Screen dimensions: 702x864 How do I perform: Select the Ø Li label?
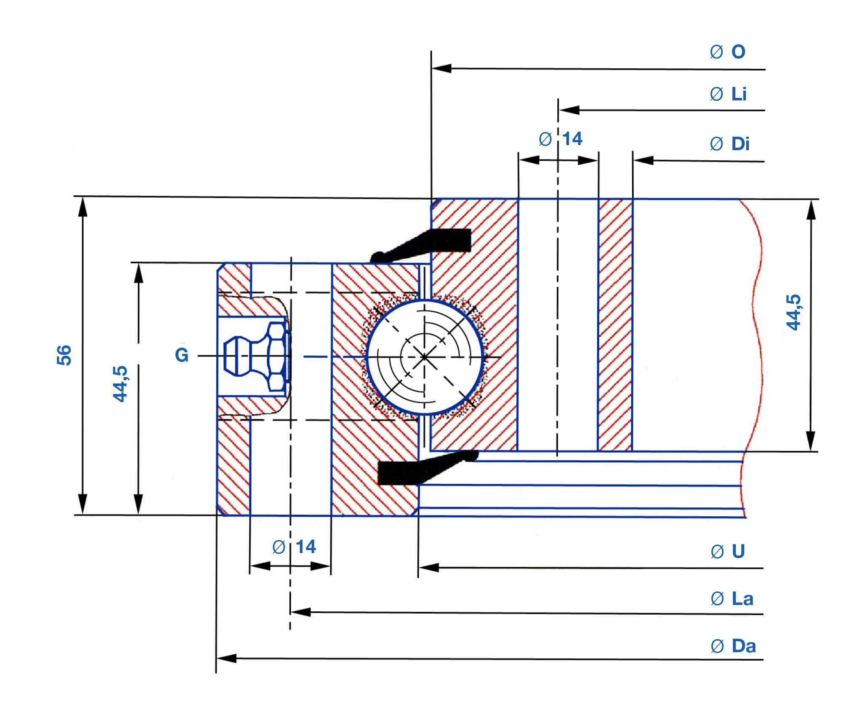tap(728, 94)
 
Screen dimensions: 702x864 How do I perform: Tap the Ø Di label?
tap(729, 144)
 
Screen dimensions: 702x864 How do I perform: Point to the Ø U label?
tap(728, 551)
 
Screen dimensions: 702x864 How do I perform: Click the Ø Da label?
tap(733, 645)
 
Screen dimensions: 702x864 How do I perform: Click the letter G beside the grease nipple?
tap(182, 355)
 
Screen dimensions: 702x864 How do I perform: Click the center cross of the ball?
tap(424, 357)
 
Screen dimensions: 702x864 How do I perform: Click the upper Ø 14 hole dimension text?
tap(561, 139)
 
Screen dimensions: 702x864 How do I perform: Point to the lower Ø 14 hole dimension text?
tap(294, 547)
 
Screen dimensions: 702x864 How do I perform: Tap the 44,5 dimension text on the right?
tap(793, 312)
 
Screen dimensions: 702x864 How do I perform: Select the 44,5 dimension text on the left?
tap(120, 383)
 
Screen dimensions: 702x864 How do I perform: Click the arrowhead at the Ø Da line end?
tap(226, 658)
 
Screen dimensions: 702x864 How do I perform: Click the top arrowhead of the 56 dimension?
tap(83, 207)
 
